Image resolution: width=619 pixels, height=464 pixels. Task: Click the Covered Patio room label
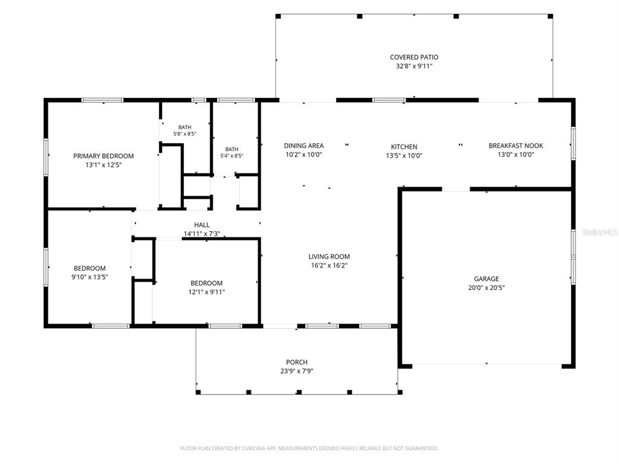(413, 57)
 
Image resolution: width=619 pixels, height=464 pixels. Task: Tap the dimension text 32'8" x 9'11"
(413, 66)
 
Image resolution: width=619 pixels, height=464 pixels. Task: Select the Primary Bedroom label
(103, 156)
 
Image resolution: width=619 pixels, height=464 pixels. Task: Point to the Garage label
(487, 279)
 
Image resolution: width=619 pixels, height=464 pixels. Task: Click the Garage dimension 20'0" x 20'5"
(487, 288)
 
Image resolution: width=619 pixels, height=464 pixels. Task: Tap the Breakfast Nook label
(516, 146)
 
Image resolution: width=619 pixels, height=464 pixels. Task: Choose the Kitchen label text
(404, 147)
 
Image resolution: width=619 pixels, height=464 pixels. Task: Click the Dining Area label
(303, 146)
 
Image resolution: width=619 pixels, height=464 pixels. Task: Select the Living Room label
(329, 256)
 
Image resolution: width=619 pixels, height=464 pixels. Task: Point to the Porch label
(296, 362)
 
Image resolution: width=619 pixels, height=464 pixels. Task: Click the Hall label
(202, 225)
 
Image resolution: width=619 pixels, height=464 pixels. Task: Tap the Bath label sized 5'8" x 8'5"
(185, 127)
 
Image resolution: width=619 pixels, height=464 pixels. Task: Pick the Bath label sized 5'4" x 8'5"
(232, 149)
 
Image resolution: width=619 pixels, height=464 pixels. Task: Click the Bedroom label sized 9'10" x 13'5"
(89, 268)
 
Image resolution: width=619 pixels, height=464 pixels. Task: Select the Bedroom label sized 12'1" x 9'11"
(207, 283)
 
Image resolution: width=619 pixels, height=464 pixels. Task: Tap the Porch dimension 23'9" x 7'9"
(296, 371)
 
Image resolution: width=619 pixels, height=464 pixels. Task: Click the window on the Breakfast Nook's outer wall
(573, 143)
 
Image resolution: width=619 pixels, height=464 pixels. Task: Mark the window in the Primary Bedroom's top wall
(102, 100)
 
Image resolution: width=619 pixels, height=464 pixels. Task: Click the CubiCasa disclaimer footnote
(309, 448)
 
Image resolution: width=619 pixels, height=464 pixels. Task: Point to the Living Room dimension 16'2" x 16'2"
(329, 266)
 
